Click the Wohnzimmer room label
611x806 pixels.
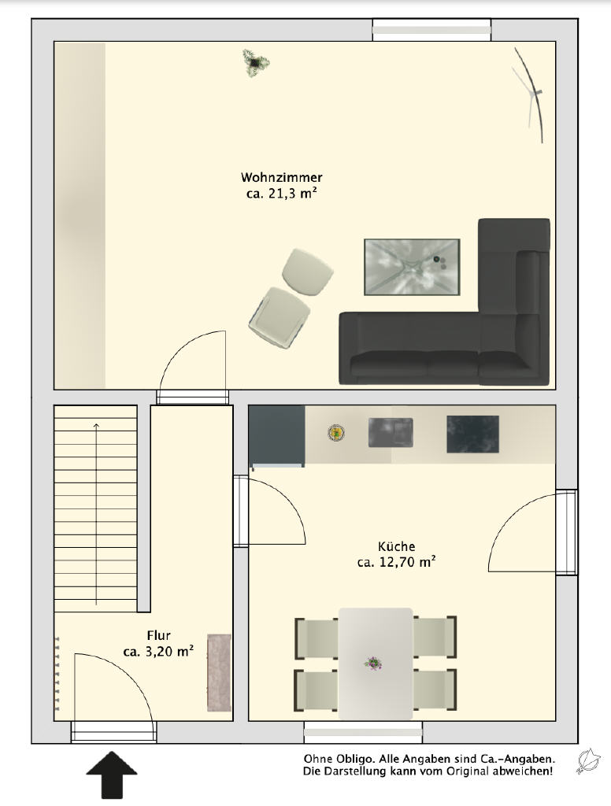(x=281, y=177)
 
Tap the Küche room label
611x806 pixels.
(x=396, y=546)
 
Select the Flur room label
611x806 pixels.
(x=158, y=635)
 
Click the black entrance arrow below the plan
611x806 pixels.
(x=112, y=775)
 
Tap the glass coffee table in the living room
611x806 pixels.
(x=412, y=267)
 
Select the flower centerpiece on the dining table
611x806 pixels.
(x=373, y=663)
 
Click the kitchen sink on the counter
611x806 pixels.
(x=391, y=432)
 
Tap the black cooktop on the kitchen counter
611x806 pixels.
(x=472, y=434)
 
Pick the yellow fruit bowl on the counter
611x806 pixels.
(x=336, y=433)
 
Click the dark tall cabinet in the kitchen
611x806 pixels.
(x=276, y=436)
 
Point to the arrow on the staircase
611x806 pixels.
(x=96, y=513)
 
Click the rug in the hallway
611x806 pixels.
(x=219, y=673)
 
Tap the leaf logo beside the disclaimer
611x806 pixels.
(x=589, y=761)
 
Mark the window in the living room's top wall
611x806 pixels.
(x=431, y=30)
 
